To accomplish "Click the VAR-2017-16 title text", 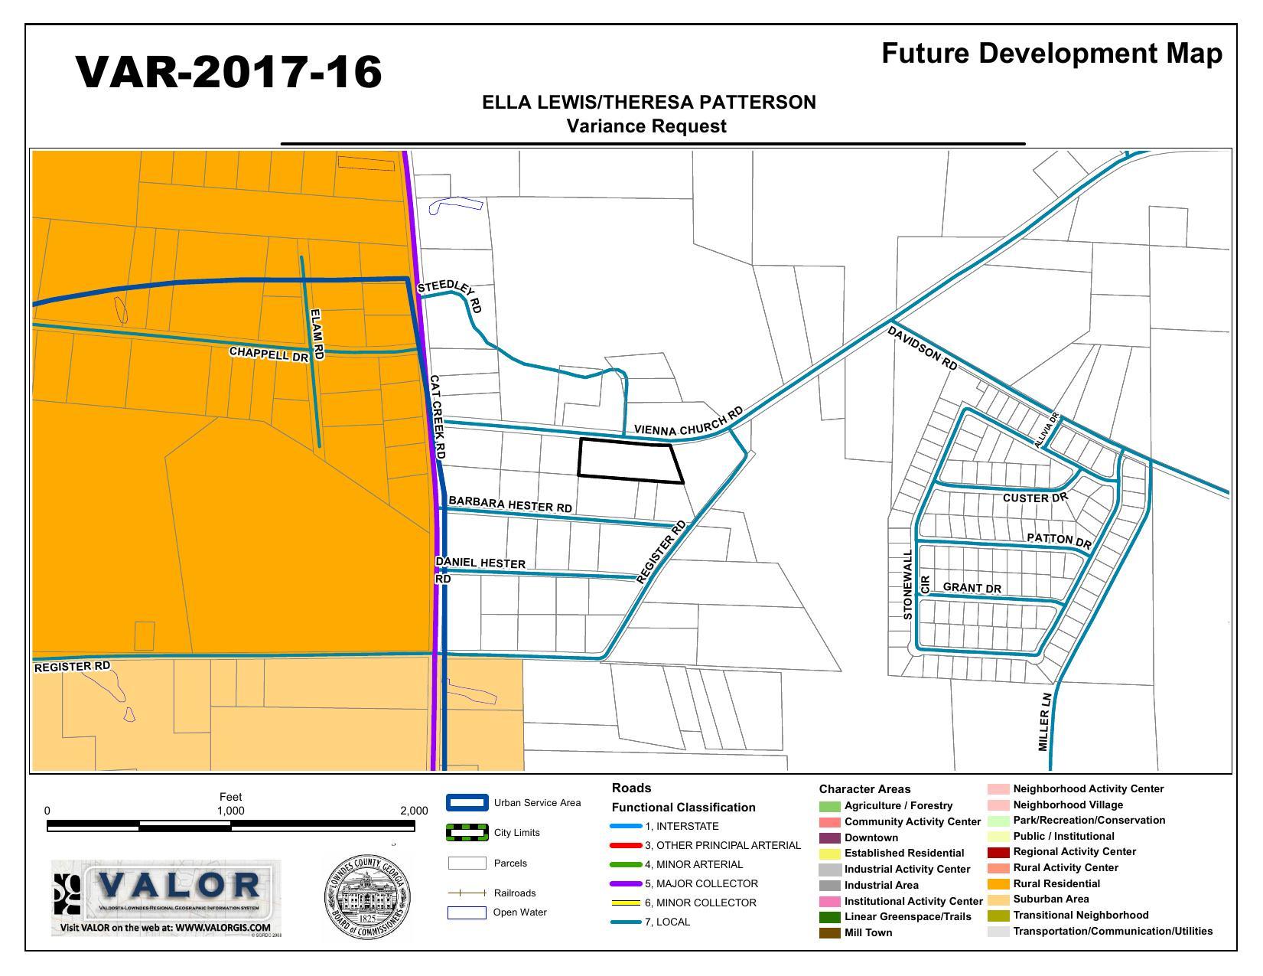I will (229, 73).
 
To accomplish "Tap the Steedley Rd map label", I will (450, 295).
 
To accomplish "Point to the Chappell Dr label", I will (269, 354).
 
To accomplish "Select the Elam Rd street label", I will (317, 334).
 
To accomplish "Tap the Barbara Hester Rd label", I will (510, 504).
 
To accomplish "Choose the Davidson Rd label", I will (923, 348).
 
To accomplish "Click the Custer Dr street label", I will (1035, 498).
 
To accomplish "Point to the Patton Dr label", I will (1059, 540).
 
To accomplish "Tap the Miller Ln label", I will (1045, 722).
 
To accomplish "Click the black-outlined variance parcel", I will (629, 461).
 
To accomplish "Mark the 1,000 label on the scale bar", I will (230, 811).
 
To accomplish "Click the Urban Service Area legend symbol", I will (467, 803).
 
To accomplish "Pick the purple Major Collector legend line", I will (625, 884).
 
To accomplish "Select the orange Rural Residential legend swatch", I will (998, 884).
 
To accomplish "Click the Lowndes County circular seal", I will (368, 897).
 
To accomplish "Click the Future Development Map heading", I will (1051, 54).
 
